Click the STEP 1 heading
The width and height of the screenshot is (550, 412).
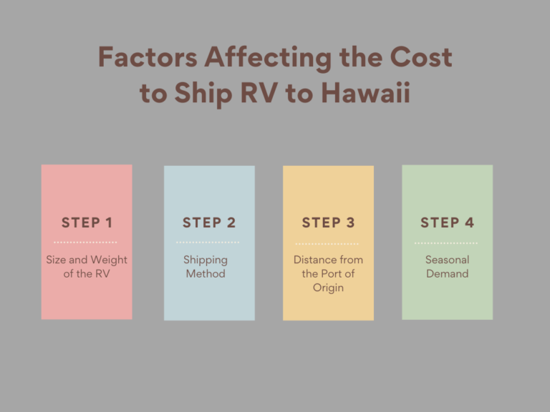(x=87, y=222)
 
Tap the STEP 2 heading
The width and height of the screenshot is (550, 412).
(x=209, y=222)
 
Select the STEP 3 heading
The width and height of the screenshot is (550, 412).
(x=328, y=222)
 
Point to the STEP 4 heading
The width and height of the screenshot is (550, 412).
(x=447, y=222)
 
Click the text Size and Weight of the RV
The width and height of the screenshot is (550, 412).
(x=87, y=267)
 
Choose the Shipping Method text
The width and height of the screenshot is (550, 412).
(x=206, y=267)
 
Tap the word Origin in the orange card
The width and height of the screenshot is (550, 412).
(x=328, y=288)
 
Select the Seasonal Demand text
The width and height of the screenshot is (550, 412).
(x=447, y=267)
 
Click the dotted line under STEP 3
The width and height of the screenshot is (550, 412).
(x=327, y=243)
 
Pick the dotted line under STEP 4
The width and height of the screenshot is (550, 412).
(x=446, y=243)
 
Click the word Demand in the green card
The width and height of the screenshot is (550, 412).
(x=447, y=274)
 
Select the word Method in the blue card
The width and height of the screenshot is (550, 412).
(x=206, y=274)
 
